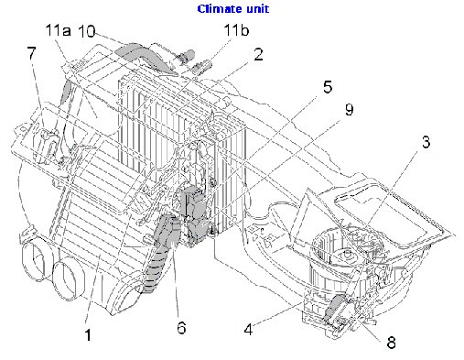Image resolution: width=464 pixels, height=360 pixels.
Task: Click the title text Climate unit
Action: [x=232, y=9]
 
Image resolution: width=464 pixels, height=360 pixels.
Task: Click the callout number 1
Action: [x=88, y=335]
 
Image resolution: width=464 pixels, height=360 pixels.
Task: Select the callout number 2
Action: [x=258, y=55]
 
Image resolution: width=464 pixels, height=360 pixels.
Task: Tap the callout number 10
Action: [x=86, y=30]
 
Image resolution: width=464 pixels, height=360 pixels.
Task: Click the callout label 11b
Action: [x=235, y=31]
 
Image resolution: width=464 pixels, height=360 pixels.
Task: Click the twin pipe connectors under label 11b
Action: [x=195, y=63]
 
